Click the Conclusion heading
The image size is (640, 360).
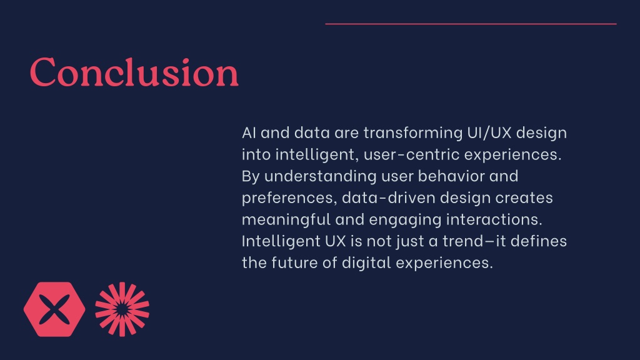[x=134, y=72]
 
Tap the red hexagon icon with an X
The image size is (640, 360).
[x=54, y=309]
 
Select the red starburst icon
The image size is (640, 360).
[x=122, y=309]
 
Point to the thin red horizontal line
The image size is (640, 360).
[x=471, y=24]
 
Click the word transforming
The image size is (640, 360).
[x=413, y=133]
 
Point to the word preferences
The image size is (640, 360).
[x=289, y=198]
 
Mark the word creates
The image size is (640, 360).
[x=524, y=198]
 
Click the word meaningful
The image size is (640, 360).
[x=286, y=219]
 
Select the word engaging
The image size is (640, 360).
[x=405, y=220]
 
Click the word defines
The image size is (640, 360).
[x=539, y=241]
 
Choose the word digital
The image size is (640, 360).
[x=366, y=263]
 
